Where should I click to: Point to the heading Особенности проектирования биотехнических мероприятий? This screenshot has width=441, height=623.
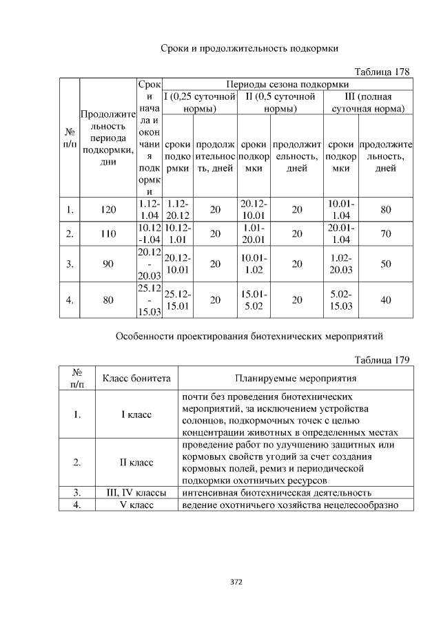click(248, 336)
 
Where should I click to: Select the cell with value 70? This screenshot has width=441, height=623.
click(386, 234)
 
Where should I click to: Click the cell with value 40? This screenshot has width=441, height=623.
click(386, 300)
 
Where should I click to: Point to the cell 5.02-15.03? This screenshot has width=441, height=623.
click(340, 300)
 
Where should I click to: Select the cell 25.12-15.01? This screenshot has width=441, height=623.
click(176, 300)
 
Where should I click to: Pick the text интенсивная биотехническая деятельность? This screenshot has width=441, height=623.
click(277, 493)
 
